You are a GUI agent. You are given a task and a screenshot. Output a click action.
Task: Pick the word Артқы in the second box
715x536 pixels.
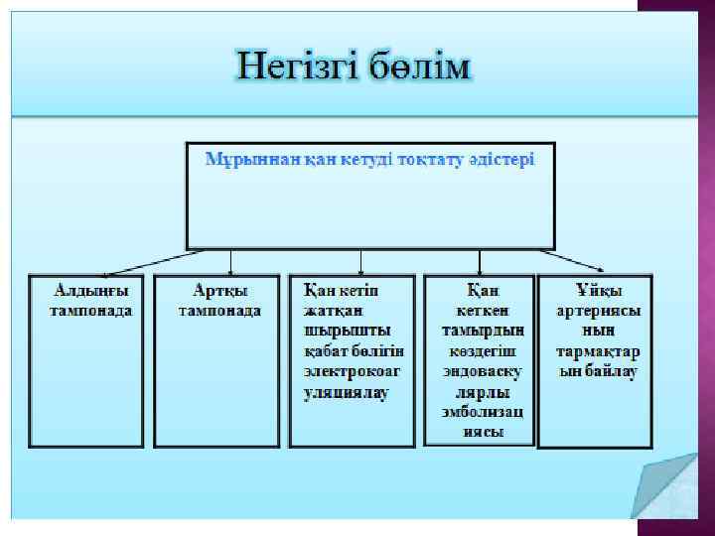(219, 291)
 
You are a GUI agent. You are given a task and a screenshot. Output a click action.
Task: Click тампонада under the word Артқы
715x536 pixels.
(219, 311)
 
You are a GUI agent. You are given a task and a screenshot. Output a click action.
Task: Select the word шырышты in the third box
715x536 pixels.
(347, 331)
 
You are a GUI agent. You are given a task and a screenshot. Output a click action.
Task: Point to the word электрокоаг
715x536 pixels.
(353, 371)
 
